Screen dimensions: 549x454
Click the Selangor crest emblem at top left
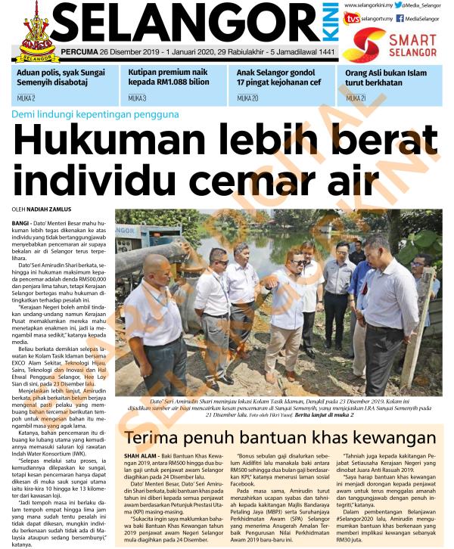coord(31,31)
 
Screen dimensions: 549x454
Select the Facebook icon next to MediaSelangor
coord(400,18)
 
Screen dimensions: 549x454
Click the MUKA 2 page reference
coord(25,98)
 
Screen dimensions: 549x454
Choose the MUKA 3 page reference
coord(137,98)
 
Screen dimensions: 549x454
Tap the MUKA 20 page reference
coord(247,98)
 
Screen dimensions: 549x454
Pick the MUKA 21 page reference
coord(356,98)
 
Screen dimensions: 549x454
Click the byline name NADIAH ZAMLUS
coord(50,208)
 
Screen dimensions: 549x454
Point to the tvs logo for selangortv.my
coord(351,18)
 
